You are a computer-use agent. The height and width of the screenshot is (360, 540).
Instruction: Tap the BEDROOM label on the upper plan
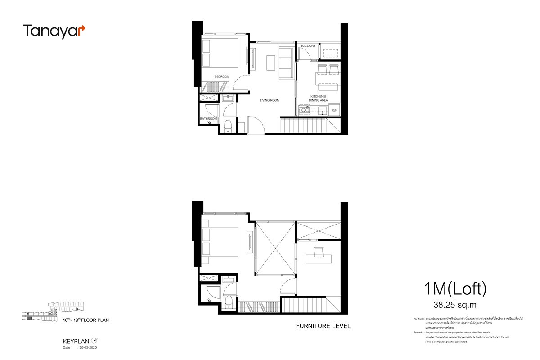(222, 77)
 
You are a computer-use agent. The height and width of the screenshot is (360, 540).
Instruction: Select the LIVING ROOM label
(270, 100)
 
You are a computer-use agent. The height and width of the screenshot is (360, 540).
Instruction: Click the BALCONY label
(308, 46)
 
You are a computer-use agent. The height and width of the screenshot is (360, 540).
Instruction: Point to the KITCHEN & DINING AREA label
(318, 98)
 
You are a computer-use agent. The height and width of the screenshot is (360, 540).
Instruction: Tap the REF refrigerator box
(334, 110)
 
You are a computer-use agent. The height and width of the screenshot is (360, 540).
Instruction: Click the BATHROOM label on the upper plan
(209, 119)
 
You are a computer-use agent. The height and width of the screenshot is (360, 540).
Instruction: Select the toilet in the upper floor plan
(228, 126)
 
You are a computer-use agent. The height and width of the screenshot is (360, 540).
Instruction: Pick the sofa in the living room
(285, 63)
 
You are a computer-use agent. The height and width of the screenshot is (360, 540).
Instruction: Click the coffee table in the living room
(270, 63)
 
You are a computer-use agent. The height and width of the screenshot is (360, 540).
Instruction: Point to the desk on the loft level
(319, 258)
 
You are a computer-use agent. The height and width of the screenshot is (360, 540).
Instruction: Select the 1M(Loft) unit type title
(454, 289)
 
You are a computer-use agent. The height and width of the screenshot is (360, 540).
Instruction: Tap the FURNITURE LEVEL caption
(323, 325)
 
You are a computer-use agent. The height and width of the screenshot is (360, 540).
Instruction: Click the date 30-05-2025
(91, 348)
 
